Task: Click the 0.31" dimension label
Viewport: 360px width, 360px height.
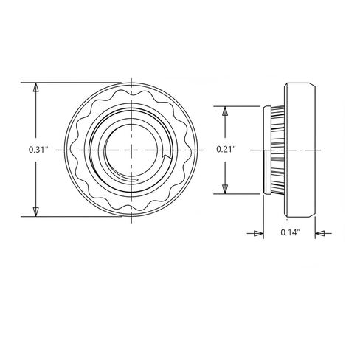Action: [38, 150]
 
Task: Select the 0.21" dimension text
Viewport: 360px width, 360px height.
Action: [226, 149]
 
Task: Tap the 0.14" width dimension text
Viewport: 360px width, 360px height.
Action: [291, 232]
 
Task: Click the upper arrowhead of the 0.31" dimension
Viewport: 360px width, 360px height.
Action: [36, 87]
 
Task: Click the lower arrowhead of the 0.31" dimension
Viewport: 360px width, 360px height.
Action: [36, 212]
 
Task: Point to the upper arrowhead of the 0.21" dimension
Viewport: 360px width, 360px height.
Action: [224, 111]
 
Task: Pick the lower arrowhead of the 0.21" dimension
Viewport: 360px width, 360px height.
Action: [224, 189]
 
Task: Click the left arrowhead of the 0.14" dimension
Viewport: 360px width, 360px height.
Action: [259, 233]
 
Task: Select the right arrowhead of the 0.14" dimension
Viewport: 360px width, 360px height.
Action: [320, 233]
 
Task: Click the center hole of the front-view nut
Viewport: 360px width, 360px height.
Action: [131, 150]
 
